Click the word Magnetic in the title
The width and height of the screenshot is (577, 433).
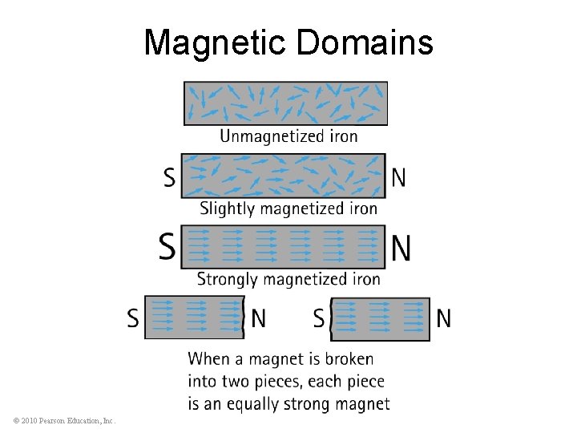coord(216,42)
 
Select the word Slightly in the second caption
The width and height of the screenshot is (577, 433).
coord(228,208)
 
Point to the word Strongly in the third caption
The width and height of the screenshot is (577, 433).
coord(229,279)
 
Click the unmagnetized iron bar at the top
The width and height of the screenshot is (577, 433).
coord(285,103)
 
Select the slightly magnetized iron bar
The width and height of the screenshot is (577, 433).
coord(283,176)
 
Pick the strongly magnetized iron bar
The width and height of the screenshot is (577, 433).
coord(283,246)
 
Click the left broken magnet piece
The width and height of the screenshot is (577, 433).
coord(193,318)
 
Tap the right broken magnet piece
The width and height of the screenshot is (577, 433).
coord(381,318)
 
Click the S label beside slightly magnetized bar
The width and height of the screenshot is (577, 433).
coord(169,177)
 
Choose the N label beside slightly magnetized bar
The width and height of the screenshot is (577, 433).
coord(398,177)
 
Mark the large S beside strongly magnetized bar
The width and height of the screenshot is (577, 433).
coord(167,247)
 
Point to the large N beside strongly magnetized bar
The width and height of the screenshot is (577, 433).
coord(401,247)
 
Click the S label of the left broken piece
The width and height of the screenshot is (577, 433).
coord(133,319)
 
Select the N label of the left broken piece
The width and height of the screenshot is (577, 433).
coord(258,319)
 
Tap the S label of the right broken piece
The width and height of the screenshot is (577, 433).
coord(319,319)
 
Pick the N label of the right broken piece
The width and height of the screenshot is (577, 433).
coord(443,319)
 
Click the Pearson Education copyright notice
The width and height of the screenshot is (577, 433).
coord(65,420)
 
